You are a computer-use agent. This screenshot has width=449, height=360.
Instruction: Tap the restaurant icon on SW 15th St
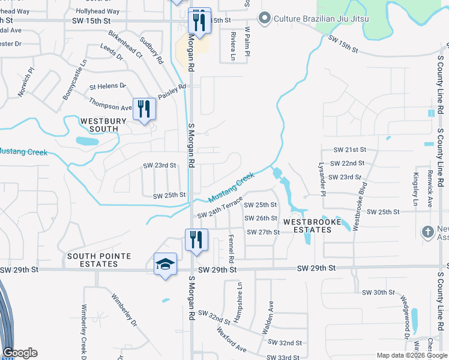click(199, 22)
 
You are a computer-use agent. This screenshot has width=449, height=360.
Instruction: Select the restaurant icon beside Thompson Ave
click(144, 109)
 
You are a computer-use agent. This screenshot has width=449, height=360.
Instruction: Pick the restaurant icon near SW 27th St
click(196, 240)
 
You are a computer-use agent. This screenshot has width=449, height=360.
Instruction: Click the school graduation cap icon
click(165, 264)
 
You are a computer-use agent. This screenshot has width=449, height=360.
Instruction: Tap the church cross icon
click(427, 232)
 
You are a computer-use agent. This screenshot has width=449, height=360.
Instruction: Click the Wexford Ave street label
click(232, 340)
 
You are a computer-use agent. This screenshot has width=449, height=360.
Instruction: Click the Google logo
click(20, 353)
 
